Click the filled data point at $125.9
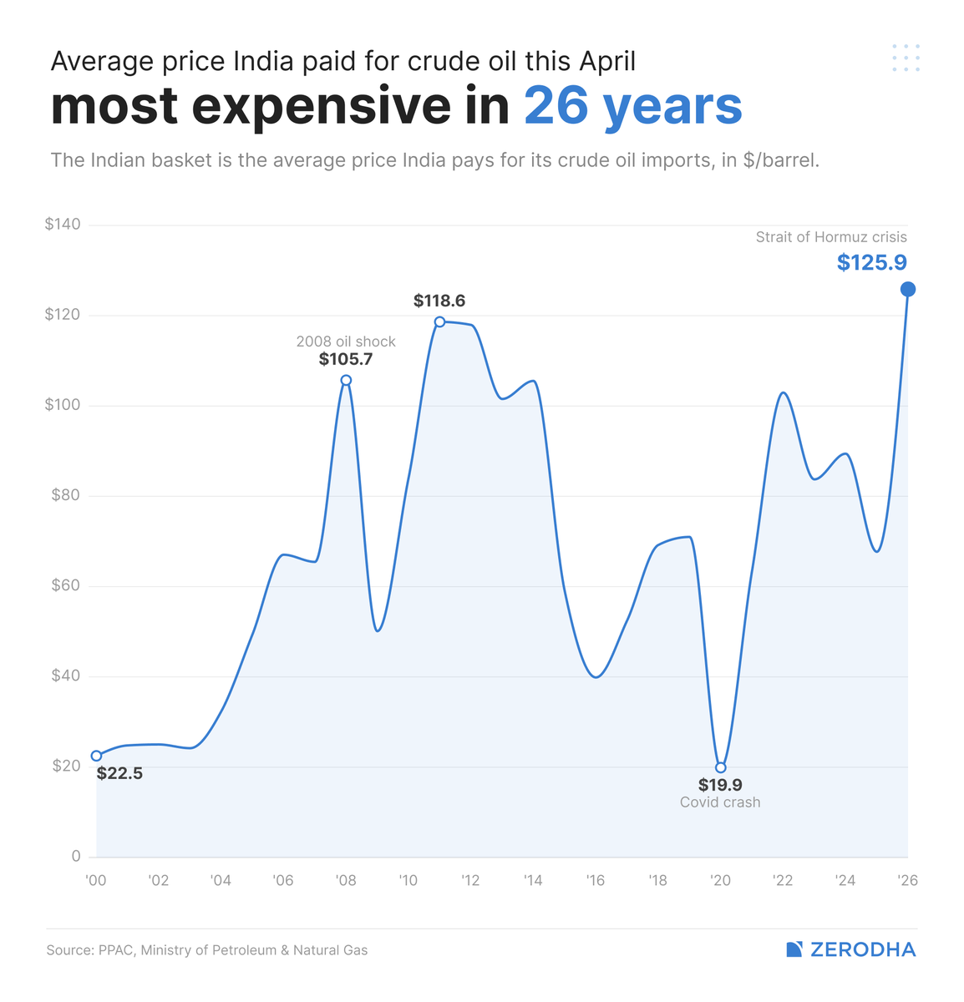[908, 289]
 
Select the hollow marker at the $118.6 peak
[439, 321]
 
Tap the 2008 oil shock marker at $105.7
[346, 380]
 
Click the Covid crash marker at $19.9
[720, 767]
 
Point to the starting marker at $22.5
[96, 756]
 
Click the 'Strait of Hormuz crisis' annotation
[830, 237]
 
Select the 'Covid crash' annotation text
[719, 802]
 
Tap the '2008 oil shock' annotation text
[346, 342]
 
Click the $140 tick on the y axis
[63, 225]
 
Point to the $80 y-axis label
[65, 495]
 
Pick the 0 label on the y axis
[76, 856]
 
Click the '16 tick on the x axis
[595, 881]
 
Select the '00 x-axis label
[96, 881]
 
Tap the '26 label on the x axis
[907, 881]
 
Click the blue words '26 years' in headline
[632, 107]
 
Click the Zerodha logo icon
[794, 949]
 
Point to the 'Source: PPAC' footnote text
[207, 950]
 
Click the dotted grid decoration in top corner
[906, 58]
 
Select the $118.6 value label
[439, 301]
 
